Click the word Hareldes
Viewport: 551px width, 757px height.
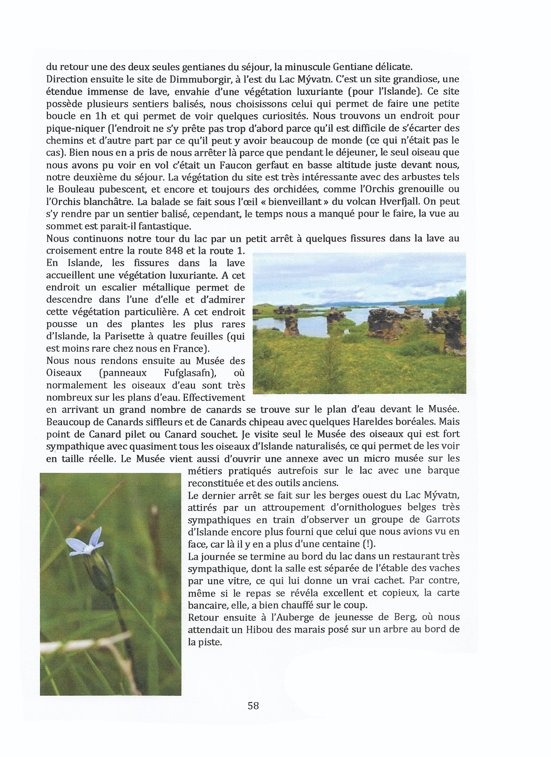point(375,422)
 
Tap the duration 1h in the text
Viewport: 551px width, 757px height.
point(101,116)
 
